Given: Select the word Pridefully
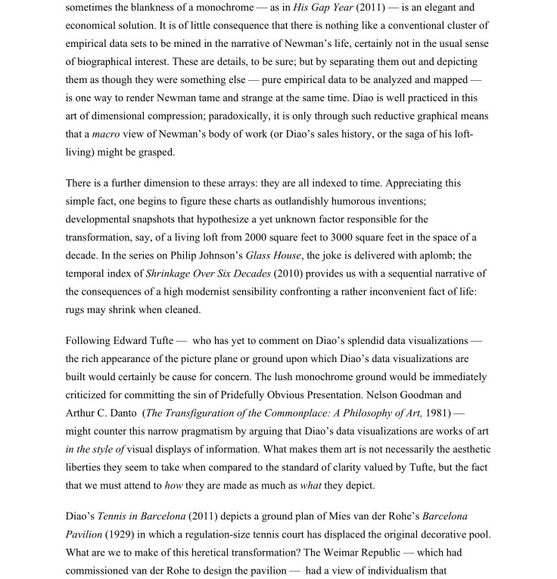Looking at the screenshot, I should click(259, 395).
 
